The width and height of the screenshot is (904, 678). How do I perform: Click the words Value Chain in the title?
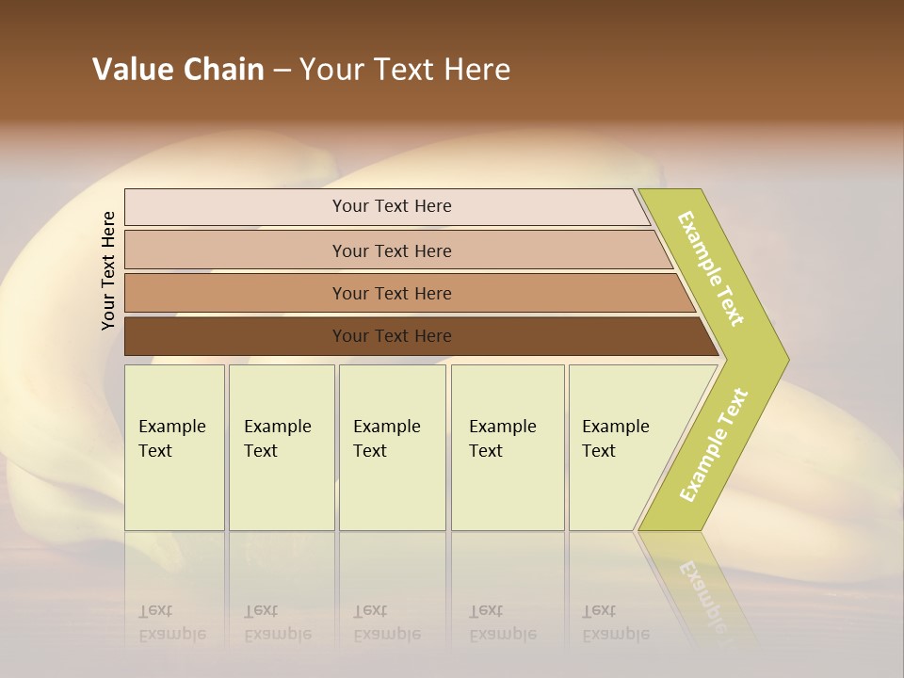click(x=178, y=70)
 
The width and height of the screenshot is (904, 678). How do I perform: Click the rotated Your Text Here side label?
click(x=108, y=270)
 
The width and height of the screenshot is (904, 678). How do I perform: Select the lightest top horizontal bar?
click(x=235, y=207)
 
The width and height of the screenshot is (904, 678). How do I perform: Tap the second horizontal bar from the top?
click(x=235, y=250)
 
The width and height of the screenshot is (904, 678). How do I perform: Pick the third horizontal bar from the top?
click(x=235, y=293)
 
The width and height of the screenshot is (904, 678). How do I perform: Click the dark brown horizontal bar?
click(x=235, y=336)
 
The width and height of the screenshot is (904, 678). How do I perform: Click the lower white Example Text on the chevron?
click(x=714, y=445)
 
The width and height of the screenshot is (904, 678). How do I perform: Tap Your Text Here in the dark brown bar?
click(x=392, y=336)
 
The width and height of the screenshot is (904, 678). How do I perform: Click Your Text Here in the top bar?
click(x=392, y=206)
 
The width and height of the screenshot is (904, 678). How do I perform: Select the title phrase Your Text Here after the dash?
click(x=405, y=70)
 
